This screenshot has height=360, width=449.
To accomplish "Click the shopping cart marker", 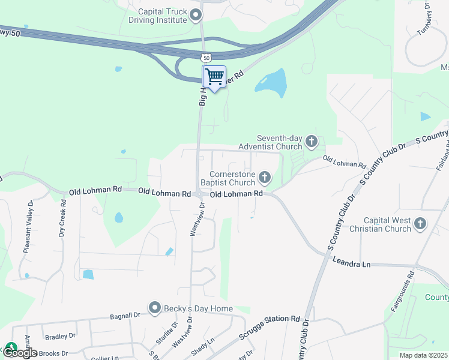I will pos(214,77).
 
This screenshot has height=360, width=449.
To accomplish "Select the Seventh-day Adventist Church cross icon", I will pos(311,141).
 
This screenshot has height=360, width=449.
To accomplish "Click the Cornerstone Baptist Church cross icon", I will pos(264,177).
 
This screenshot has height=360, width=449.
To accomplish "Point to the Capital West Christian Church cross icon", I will pos(420,224).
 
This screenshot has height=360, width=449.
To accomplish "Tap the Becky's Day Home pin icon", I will pos(155,308).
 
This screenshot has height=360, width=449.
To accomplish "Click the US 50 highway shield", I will pos(206,58).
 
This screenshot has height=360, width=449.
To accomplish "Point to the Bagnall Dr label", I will pos(125,314).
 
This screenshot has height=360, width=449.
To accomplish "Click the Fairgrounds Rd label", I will pos(403,293).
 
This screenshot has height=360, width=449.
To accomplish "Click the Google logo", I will pos(20,352).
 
